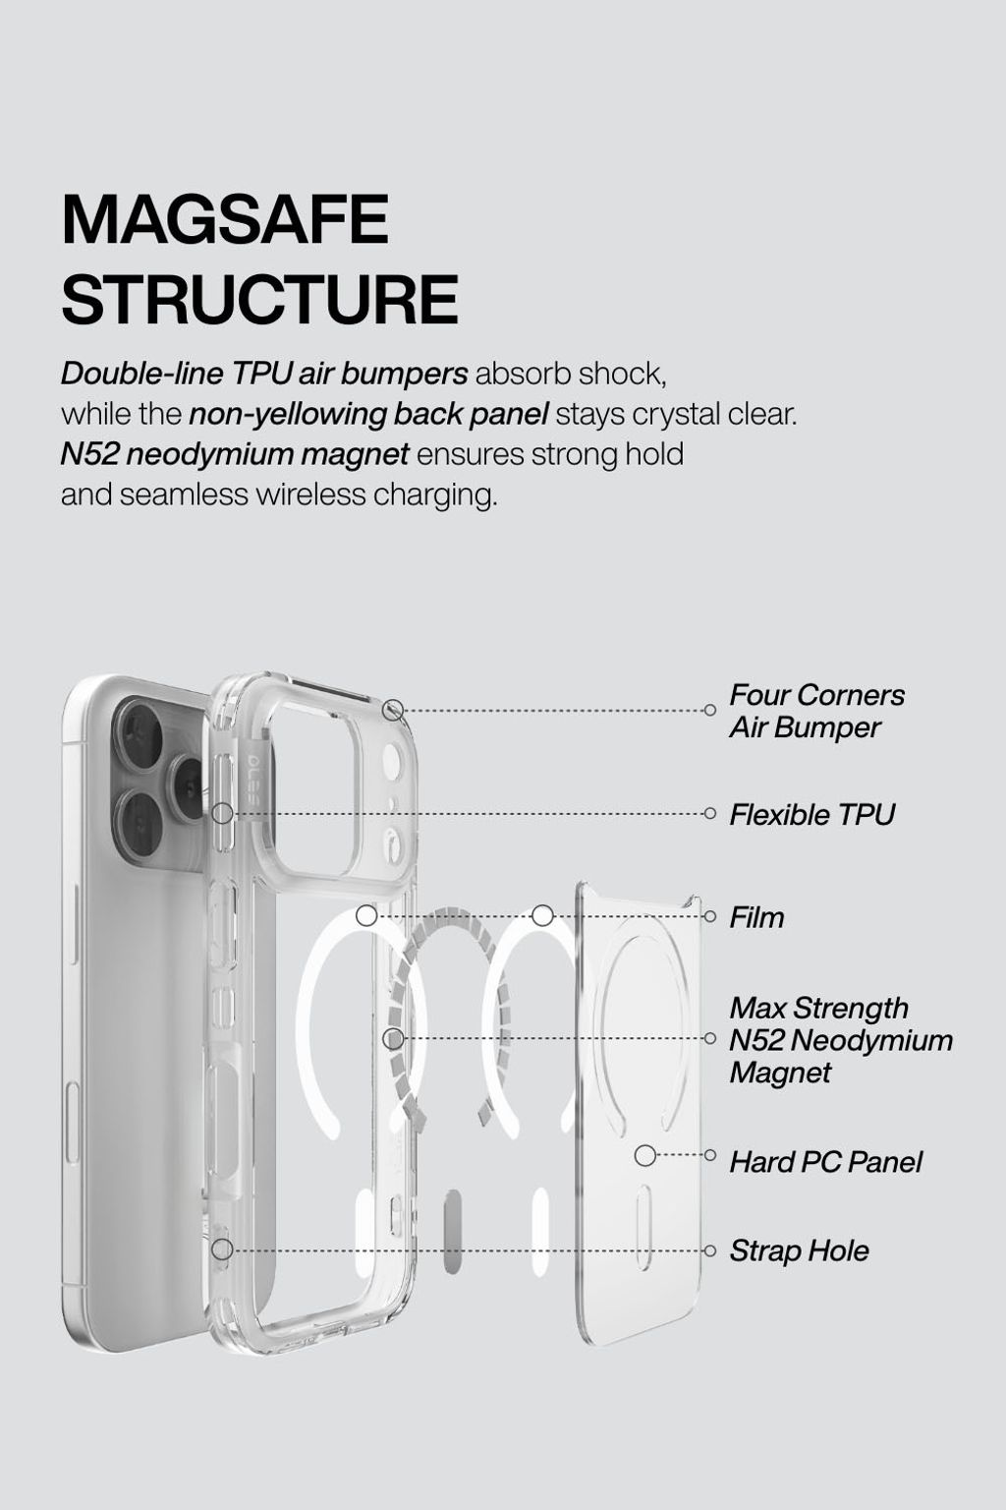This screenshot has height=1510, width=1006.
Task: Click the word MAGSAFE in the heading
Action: [225, 219]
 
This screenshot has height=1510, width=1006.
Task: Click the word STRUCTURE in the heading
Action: [260, 299]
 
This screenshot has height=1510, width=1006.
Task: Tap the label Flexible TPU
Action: [811, 815]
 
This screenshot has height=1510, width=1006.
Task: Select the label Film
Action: [756, 917]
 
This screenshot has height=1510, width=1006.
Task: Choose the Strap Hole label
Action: [799, 1250]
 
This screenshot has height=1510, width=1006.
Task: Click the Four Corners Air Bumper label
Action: [816, 711]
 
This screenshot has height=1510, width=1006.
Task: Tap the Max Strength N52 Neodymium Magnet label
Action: [841, 1040]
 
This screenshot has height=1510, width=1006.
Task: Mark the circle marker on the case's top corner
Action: [394, 710]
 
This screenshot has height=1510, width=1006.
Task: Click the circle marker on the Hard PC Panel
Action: [644, 1155]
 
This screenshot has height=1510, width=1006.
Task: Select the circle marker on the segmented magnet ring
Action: [394, 1039]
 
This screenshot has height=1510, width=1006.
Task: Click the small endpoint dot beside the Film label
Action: [709, 917]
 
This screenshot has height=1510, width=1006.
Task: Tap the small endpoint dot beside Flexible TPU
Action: [709, 814]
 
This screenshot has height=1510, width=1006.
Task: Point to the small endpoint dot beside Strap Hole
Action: [709, 1250]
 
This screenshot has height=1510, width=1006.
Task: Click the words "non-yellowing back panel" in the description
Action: [368, 415]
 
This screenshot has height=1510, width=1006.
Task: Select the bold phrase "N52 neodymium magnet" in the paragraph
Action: [235, 454]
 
